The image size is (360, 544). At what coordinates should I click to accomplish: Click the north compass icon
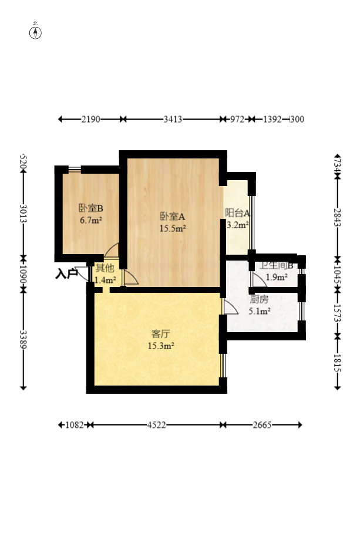[x=36, y=32]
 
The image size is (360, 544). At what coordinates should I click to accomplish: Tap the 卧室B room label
[x=91, y=208]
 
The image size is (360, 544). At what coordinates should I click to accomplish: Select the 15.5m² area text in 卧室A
[x=173, y=228]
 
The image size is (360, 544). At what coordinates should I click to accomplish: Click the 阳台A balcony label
[x=237, y=213]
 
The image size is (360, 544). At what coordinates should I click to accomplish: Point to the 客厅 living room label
[x=160, y=334]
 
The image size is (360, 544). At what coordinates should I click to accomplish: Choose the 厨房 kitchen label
[x=259, y=299]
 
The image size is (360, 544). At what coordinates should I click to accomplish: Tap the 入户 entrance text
[x=66, y=273]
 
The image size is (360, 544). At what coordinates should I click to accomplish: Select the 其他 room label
[x=105, y=268]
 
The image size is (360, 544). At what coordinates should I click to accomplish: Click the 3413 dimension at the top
[x=173, y=119]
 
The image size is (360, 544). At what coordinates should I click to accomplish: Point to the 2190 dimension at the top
[x=91, y=119]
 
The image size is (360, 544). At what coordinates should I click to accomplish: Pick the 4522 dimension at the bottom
[x=156, y=425]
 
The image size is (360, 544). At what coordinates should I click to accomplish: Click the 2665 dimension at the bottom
[x=262, y=425]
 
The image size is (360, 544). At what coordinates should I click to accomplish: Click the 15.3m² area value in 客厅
[x=160, y=346]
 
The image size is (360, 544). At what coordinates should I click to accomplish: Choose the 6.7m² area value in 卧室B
[x=91, y=221]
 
